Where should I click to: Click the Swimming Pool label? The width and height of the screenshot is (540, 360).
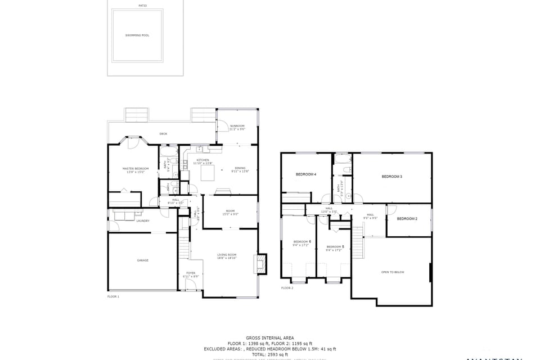[x=137, y=35]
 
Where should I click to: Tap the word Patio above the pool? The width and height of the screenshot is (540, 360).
[x=144, y=6]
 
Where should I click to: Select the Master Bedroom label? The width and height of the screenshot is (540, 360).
[x=136, y=170]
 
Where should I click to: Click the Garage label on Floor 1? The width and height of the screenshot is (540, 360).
[x=143, y=261]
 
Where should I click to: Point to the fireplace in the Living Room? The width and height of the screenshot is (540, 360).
[x=260, y=263]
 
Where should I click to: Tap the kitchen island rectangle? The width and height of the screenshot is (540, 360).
[x=209, y=173]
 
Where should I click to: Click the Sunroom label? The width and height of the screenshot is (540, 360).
[x=237, y=127]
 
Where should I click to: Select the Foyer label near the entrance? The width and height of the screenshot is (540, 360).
[x=191, y=274]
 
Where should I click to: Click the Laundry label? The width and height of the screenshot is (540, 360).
[x=143, y=221]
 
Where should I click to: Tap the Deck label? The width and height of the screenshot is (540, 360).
[x=163, y=134]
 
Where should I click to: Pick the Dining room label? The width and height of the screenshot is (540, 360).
[x=240, y=170]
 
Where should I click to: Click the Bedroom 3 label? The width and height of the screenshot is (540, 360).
[x=391, y=177]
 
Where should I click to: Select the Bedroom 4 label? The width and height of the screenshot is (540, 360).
[x=306, y=174]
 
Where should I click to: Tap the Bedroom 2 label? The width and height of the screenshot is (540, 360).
[x=407, y=219]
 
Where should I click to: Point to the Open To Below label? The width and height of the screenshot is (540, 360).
[x=392, y=272]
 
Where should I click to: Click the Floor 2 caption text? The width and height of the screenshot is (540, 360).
[x=287, y=288]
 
